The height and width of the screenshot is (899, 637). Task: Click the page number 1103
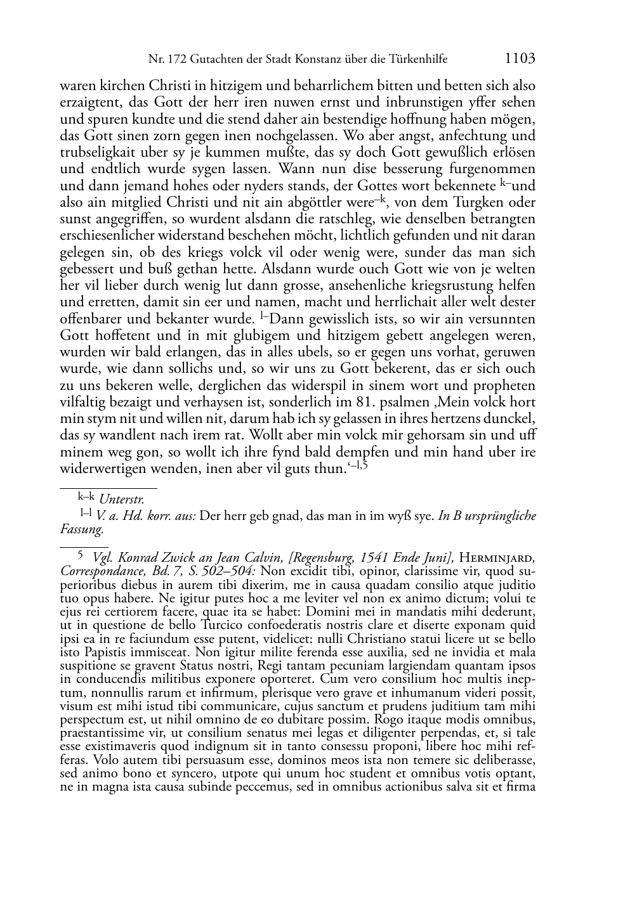tap(520, 58)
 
